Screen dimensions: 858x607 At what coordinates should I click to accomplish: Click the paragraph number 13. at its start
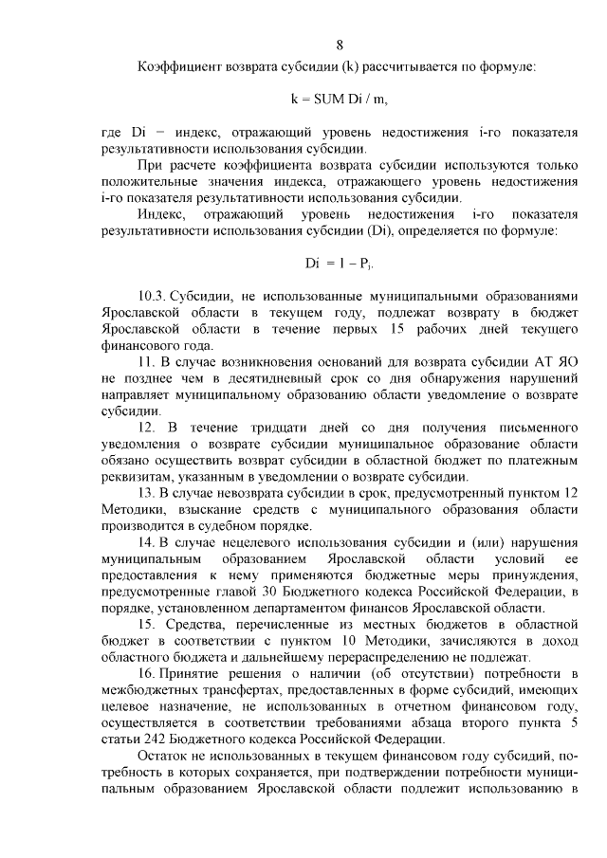(147, 494)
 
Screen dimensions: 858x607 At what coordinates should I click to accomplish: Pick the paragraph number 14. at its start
(148, 542)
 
